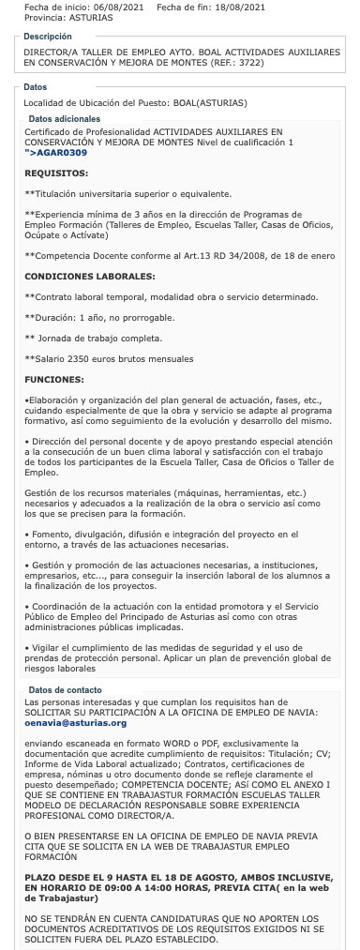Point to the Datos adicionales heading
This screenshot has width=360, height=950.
click(x=64, y=119)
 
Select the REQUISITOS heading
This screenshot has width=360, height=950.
click(x=56, y=173)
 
